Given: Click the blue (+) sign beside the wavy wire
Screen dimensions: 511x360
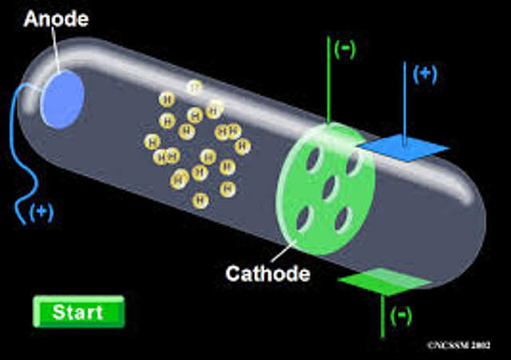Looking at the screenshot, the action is point(42,212).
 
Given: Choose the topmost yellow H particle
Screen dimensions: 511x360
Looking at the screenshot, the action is point(192,87).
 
